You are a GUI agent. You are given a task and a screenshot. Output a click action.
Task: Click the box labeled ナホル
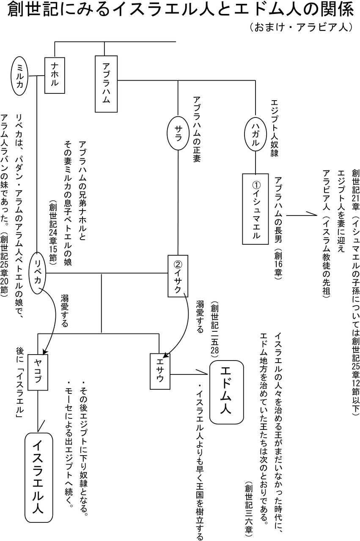point(55,75)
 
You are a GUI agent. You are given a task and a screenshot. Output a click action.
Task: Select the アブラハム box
point(106,84)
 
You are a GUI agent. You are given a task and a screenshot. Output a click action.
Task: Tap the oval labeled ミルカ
point(20,76)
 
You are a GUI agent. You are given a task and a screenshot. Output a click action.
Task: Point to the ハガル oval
point(256,133)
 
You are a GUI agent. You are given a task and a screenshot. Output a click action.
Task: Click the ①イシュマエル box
point(256,209)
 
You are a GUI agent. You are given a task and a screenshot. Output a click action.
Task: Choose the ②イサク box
point(178,276)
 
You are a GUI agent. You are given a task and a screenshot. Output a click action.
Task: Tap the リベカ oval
point(38,273)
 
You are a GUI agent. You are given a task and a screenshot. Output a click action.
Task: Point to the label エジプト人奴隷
point(275,128)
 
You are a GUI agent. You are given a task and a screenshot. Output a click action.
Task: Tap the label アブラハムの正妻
point(197,129)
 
